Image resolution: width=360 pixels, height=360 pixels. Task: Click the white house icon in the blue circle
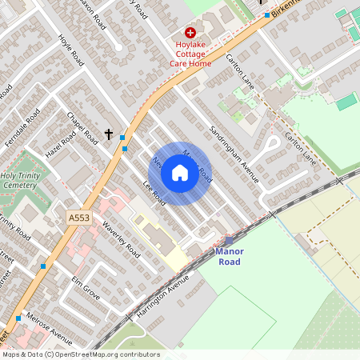point(180,172)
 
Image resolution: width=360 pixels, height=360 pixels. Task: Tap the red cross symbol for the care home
point(178,32)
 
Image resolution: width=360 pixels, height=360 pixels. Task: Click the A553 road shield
point(78,217)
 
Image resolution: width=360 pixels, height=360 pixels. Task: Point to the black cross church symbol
point(108,136)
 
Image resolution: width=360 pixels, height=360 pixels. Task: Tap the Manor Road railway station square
point(230,240)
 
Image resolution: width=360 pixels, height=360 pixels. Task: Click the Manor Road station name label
point(229,256)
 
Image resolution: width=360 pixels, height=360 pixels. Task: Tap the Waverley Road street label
point(122,241)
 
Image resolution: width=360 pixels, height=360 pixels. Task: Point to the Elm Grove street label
point(86,286)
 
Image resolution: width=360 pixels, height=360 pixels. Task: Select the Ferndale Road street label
point(22,126)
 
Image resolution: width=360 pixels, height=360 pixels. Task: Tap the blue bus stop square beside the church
point(122,138)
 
